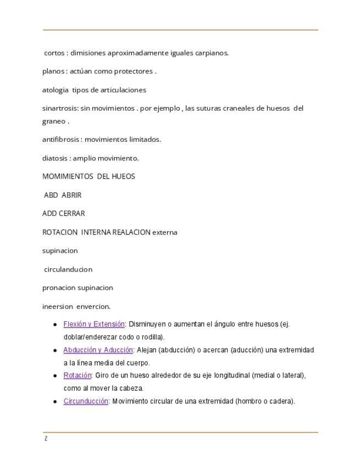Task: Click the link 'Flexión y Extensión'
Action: tap(94, 324)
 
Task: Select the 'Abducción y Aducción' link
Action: tap(98, 350)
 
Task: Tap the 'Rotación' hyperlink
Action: tap(77, 375)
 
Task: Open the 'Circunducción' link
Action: tap(85, 401)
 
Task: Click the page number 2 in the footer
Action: tap(46, 439)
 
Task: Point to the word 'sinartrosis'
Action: tap(59, 108)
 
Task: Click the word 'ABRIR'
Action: tap(71, 195)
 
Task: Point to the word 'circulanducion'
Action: tap(68, 269)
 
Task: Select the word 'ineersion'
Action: tap(57, 306)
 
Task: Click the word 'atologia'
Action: tap(56, 90)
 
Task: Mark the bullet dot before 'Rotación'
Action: tap(56, 376)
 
